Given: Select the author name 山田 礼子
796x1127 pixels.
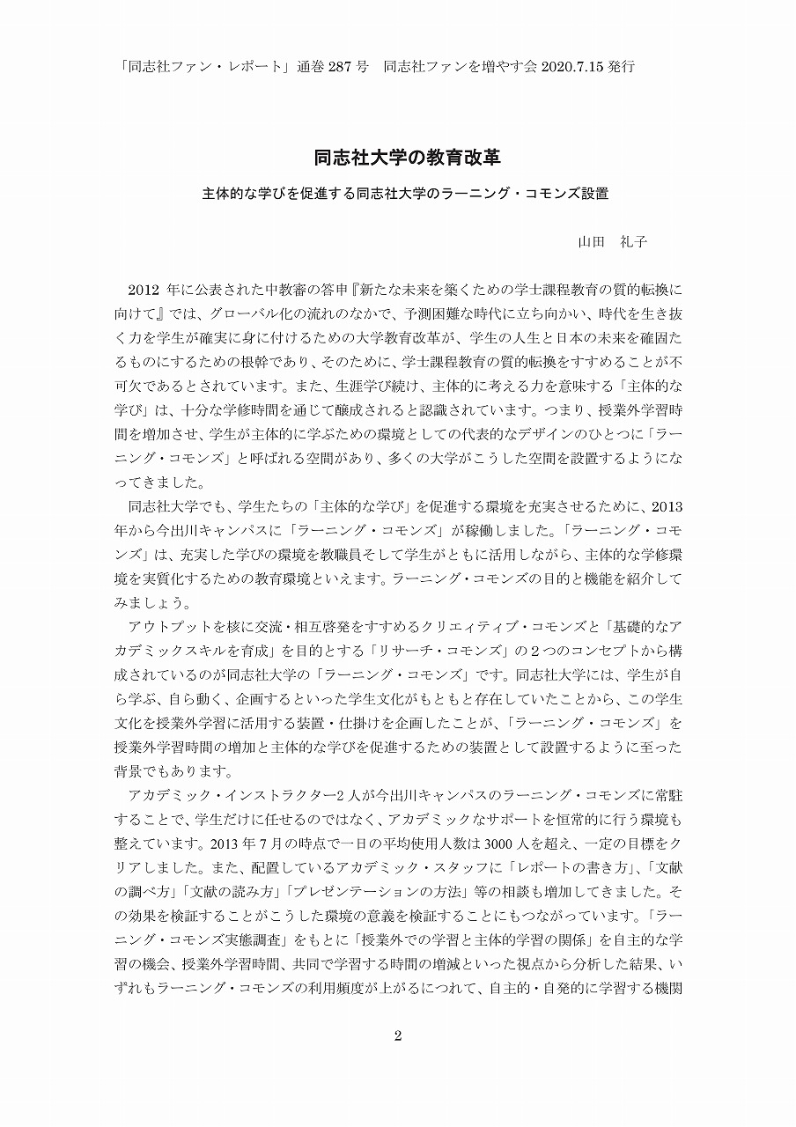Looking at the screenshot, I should (x=612, y=241).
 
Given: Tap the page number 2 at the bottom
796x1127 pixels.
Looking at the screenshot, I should (x=398, y=1035).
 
